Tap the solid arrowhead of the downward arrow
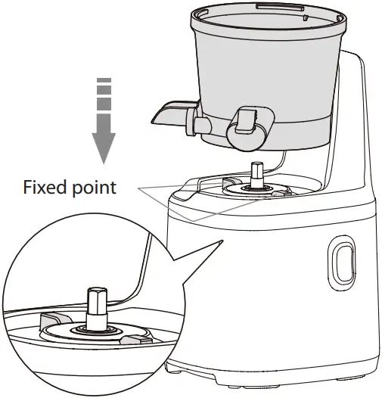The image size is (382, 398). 104,145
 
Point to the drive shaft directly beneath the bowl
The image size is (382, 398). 256,173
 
